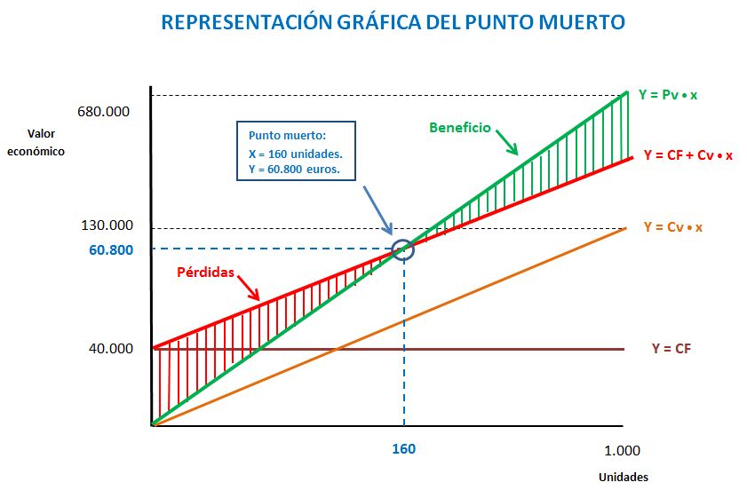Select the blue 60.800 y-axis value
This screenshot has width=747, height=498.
(111, 249)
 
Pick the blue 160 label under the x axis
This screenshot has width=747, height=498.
(403, 448)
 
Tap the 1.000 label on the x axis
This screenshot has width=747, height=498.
(621, 450)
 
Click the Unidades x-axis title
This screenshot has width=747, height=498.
(623, 477)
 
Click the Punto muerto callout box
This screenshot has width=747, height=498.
(296, 153)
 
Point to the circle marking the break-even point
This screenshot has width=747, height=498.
(403, 249)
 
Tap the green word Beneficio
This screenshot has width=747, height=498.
(459, 128)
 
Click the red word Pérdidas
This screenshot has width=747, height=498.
(205, 273)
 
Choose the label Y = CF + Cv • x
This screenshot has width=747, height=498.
(688, 155)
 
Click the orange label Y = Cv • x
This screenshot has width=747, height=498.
(672, 227)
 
